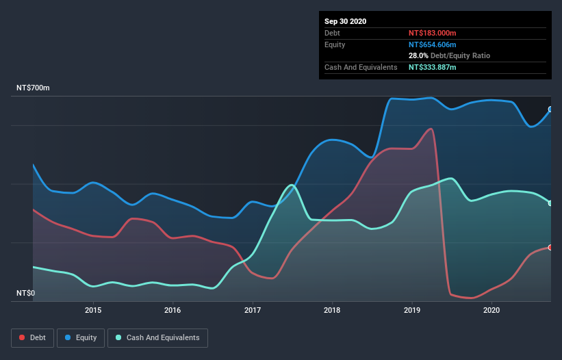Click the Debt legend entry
coord(33,337)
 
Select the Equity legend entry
coord(81,337)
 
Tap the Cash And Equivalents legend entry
coord(157,337)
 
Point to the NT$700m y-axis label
coord(33,89)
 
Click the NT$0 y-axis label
coord(25,293)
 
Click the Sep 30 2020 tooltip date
coord(346,21)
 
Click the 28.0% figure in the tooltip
coord(417,55)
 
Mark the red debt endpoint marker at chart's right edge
coord(550,247)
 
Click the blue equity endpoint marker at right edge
coord(550,110)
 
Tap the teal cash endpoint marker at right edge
coord(550,203)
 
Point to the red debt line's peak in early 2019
coord(431,128)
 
